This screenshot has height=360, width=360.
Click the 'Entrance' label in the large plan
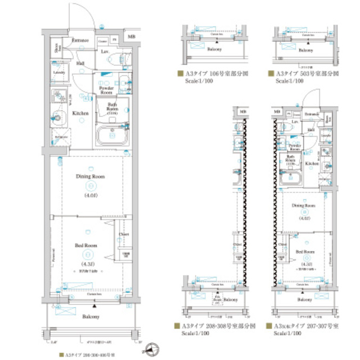[x=82, y=40]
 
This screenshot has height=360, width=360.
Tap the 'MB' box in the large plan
[x=130, y=37]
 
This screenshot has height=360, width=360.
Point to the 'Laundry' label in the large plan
[x=58, y=72]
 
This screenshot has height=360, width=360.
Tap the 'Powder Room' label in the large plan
[x=106, y=90]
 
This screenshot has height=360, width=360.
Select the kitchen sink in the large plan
[x=58, y=119]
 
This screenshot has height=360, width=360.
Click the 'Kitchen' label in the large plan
[x=81, y=113]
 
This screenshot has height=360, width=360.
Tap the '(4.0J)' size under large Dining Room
[x=90, y=195]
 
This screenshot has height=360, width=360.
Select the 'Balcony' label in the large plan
[x=91, y=317]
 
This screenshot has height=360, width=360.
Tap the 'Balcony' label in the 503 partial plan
[x=306, y=50]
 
